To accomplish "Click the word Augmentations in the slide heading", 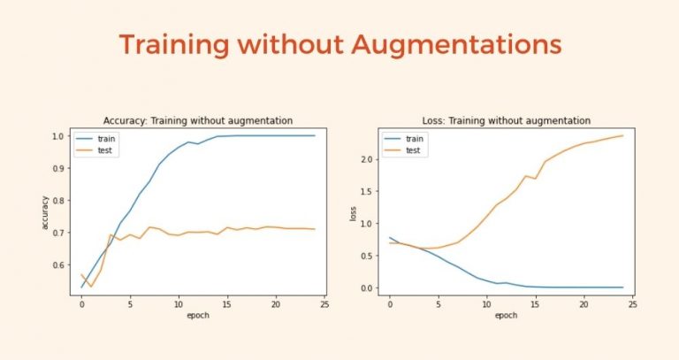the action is click(x=456, y=45).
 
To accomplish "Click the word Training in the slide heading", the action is click(x=174, y=45).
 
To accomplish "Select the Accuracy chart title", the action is click(x=198, y=120).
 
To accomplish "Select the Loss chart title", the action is click(x=507, y=120).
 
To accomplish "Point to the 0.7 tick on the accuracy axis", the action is click(x=58, y=233).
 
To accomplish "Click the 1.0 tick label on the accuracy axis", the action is click(x=58, y=136).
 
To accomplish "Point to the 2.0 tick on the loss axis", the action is click(x=367, y=159).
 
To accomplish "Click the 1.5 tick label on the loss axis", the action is click(x=367, y=191).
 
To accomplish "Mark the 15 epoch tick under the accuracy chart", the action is click(x=227, y=304).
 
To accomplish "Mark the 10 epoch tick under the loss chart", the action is click(x=487, y=304).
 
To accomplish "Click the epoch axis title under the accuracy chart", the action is click(x=198, y=316).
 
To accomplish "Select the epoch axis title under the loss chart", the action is click(x=507, y=316).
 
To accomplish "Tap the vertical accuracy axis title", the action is click(x=44, y=212).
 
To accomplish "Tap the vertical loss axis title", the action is click(x=353, y=214).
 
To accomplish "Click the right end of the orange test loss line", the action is click(x=622, y=135).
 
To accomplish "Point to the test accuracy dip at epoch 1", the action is click(x=91, y=287).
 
